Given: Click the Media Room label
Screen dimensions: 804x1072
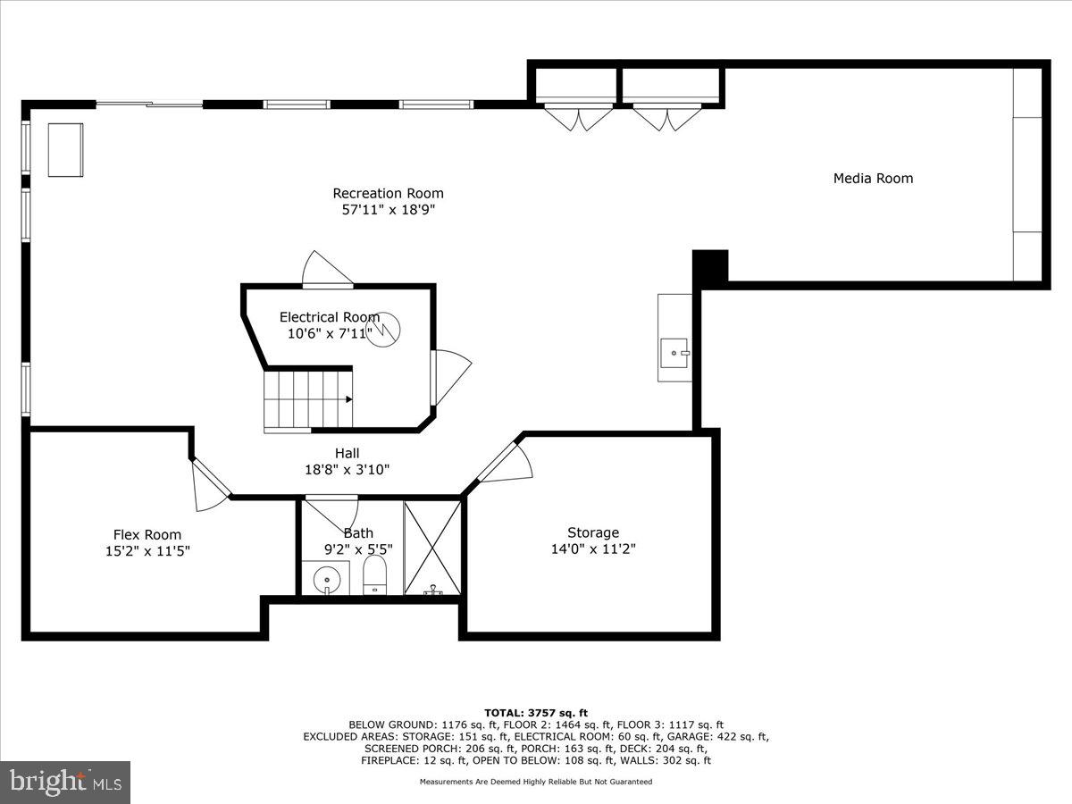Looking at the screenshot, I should coord(873,178).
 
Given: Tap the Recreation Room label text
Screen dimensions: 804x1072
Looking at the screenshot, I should coord(388,193).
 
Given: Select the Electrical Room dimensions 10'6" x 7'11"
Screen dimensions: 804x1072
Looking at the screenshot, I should coord(330,334).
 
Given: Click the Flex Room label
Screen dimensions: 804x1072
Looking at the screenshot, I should coord(147,534).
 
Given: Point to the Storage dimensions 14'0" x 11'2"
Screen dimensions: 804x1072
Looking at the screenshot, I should coord(592,549).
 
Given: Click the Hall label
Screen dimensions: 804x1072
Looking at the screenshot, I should coord(347,453).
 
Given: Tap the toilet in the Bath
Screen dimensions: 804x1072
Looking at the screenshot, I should coord(375,575).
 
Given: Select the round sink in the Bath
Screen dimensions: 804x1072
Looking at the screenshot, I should coord(327,580).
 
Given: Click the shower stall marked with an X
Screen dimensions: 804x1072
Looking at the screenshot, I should coord(432,548).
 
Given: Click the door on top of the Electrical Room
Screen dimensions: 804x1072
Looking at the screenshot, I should coord(327,270).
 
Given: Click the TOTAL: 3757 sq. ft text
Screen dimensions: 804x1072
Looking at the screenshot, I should coord(535,712).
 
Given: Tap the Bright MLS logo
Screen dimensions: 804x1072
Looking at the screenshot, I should coord(64,783).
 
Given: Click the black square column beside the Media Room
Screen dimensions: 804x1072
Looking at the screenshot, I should coord(711,266).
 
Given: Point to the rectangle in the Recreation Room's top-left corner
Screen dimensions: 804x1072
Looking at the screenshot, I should coord(65,149).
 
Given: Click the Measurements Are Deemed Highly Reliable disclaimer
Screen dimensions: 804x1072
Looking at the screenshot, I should coord(536,782).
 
